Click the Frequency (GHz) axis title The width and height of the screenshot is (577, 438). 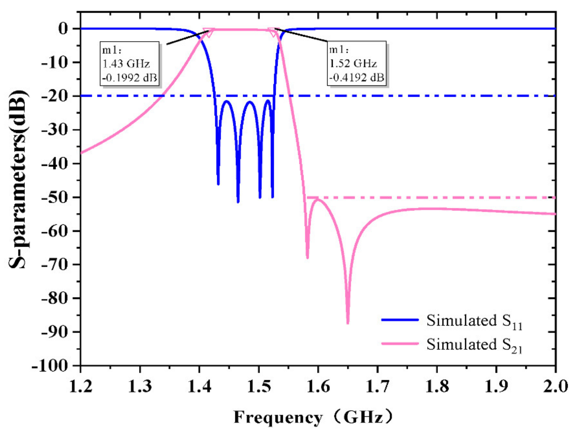click(x=313, y=417)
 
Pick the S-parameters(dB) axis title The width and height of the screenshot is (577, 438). click(x=18, y=180)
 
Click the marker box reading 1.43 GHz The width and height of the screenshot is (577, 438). click(x=130, y=63)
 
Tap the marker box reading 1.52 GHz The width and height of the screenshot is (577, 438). click(x=356, y=63)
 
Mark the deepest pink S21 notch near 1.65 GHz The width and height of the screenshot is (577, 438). click(x=348, y=323)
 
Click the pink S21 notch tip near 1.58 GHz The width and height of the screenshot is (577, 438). click(x=308, y=257)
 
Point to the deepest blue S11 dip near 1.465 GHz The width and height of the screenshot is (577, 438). click(x=238, y=201)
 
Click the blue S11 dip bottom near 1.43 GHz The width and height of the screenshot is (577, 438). click(x=218, y=184)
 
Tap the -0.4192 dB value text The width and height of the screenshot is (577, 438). click(x=356, y=77)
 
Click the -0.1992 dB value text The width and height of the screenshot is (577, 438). click(x=130, y=77)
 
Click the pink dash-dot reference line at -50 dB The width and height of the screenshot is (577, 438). click(x=430, y=198)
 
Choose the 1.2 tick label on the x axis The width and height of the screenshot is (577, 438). click(x=81, y=386)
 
